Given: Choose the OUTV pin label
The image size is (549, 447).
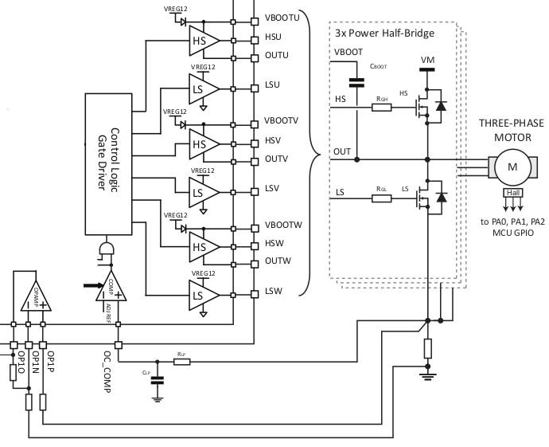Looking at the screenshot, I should coord(275,159).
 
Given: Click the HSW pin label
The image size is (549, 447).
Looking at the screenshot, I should coord(274,243).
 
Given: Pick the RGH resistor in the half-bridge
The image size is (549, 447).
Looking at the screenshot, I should coord(382,106).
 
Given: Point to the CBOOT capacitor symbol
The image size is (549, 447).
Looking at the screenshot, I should coord(356,81).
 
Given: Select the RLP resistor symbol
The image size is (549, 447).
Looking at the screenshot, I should coord(182,362).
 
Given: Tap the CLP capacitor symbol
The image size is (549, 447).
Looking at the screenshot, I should coord(158,378).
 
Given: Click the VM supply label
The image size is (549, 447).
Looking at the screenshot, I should coord(428,60).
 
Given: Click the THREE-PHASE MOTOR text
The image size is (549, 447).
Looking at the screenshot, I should coord(510,130).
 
